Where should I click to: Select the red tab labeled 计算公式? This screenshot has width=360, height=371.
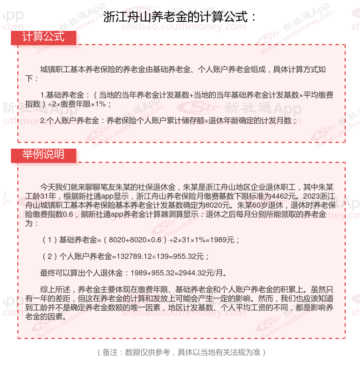click(44, 37)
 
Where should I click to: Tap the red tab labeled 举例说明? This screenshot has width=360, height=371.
click(44, 155)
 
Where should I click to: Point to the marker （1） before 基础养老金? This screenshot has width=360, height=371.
click(49, 240)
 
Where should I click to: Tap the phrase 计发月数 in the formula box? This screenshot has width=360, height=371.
click(278, 121)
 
